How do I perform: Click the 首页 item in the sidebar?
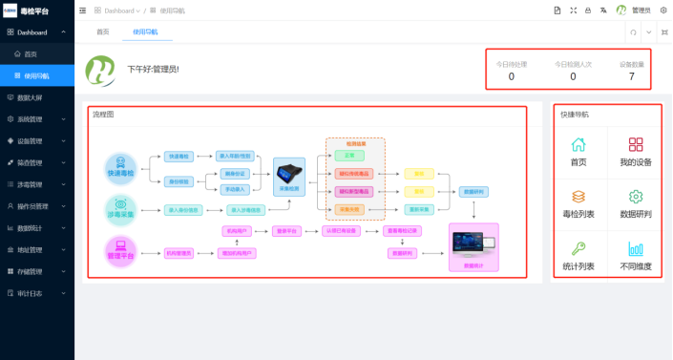tap(31, 53)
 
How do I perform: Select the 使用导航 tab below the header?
tap(146, 32)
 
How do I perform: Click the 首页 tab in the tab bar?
tap(103, 32)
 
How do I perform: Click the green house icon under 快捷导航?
tap(578, 145)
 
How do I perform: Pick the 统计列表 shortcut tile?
tap(578, 255)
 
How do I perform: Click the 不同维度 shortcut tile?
tap(636, 255)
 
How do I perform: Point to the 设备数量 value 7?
tap(632, 76)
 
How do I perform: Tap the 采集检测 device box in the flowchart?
tap(288, 178)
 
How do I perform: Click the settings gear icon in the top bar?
tap(662, 10)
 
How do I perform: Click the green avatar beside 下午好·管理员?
tap(101, 69)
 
